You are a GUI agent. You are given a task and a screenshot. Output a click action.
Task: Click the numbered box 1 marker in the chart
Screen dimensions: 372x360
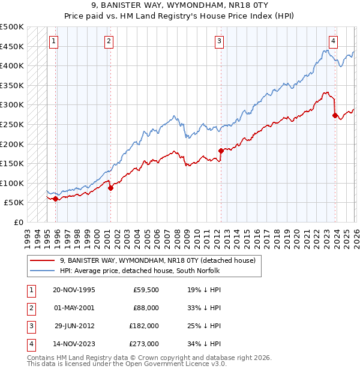point(54,41)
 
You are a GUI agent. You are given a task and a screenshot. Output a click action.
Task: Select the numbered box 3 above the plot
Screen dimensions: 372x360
point(219,41)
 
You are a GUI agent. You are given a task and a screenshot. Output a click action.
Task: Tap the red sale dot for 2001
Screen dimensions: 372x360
point(111,188)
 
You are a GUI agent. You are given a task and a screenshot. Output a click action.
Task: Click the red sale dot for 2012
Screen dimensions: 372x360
point(221,151)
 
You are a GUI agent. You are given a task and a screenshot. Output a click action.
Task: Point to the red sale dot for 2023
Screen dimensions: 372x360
point(335,116)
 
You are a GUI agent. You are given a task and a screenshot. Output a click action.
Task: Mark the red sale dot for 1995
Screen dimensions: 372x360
point(56,199)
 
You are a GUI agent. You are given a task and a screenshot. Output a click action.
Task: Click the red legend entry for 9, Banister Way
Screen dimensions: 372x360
point(157,260)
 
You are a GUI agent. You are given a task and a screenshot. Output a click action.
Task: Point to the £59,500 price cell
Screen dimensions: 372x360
point(145,289)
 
